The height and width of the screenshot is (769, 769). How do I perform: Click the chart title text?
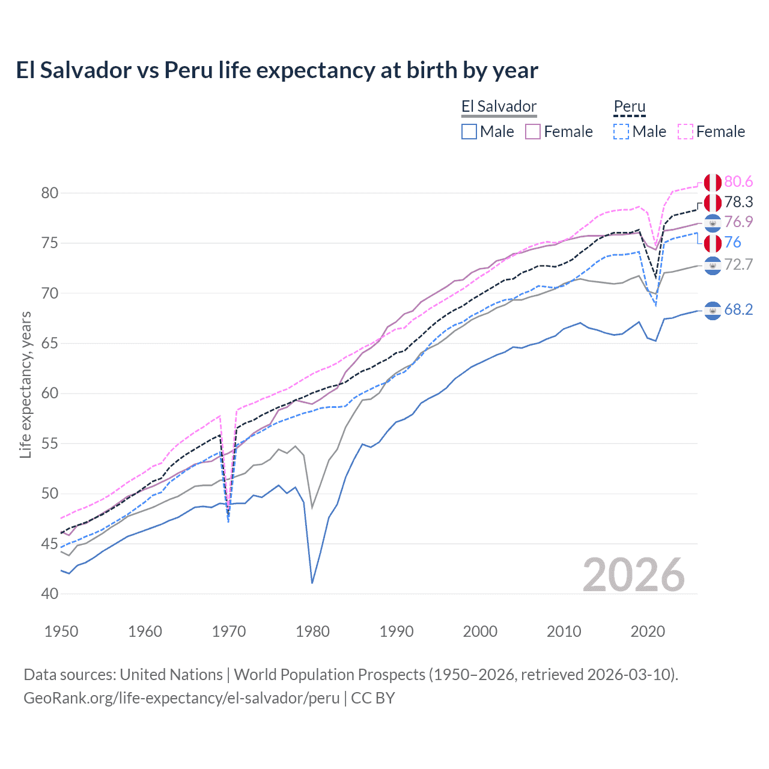(x=277, y=70)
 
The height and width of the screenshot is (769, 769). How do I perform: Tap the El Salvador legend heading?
(x=499, y=107)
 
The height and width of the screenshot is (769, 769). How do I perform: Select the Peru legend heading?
(x=629, y=107)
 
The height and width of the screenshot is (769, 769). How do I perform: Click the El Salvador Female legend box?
(x=533, y=132)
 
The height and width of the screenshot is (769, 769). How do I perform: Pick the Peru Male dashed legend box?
(x=621, y=132)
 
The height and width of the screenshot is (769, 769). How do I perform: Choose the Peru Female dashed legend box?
(x=685, y=132)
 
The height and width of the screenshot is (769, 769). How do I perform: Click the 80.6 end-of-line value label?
(x=738, y=182)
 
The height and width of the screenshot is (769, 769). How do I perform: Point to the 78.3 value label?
(x=738, y=202)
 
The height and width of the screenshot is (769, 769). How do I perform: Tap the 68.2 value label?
(x=738, y=310)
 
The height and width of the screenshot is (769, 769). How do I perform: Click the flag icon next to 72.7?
(x=713, y=265)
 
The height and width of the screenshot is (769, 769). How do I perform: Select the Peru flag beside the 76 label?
(x=713, y=243)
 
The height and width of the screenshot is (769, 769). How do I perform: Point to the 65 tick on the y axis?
(x=50, y=344)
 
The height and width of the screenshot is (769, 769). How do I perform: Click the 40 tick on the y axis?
(x=50, y=594)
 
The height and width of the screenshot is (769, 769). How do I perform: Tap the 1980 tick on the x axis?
(x=312, y=631)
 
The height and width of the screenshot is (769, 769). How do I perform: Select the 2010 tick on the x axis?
(x=564, y=631)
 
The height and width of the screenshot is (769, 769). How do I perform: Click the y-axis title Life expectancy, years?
(x=25, y=384)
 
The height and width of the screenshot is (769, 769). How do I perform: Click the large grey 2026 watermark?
(x=633, y=575)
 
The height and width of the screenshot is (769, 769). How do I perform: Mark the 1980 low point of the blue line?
(x=312, y=583)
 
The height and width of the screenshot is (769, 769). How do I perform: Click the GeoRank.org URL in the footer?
(x=181, y=698)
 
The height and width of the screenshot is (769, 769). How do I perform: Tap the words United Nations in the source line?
(x=171, y=675)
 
